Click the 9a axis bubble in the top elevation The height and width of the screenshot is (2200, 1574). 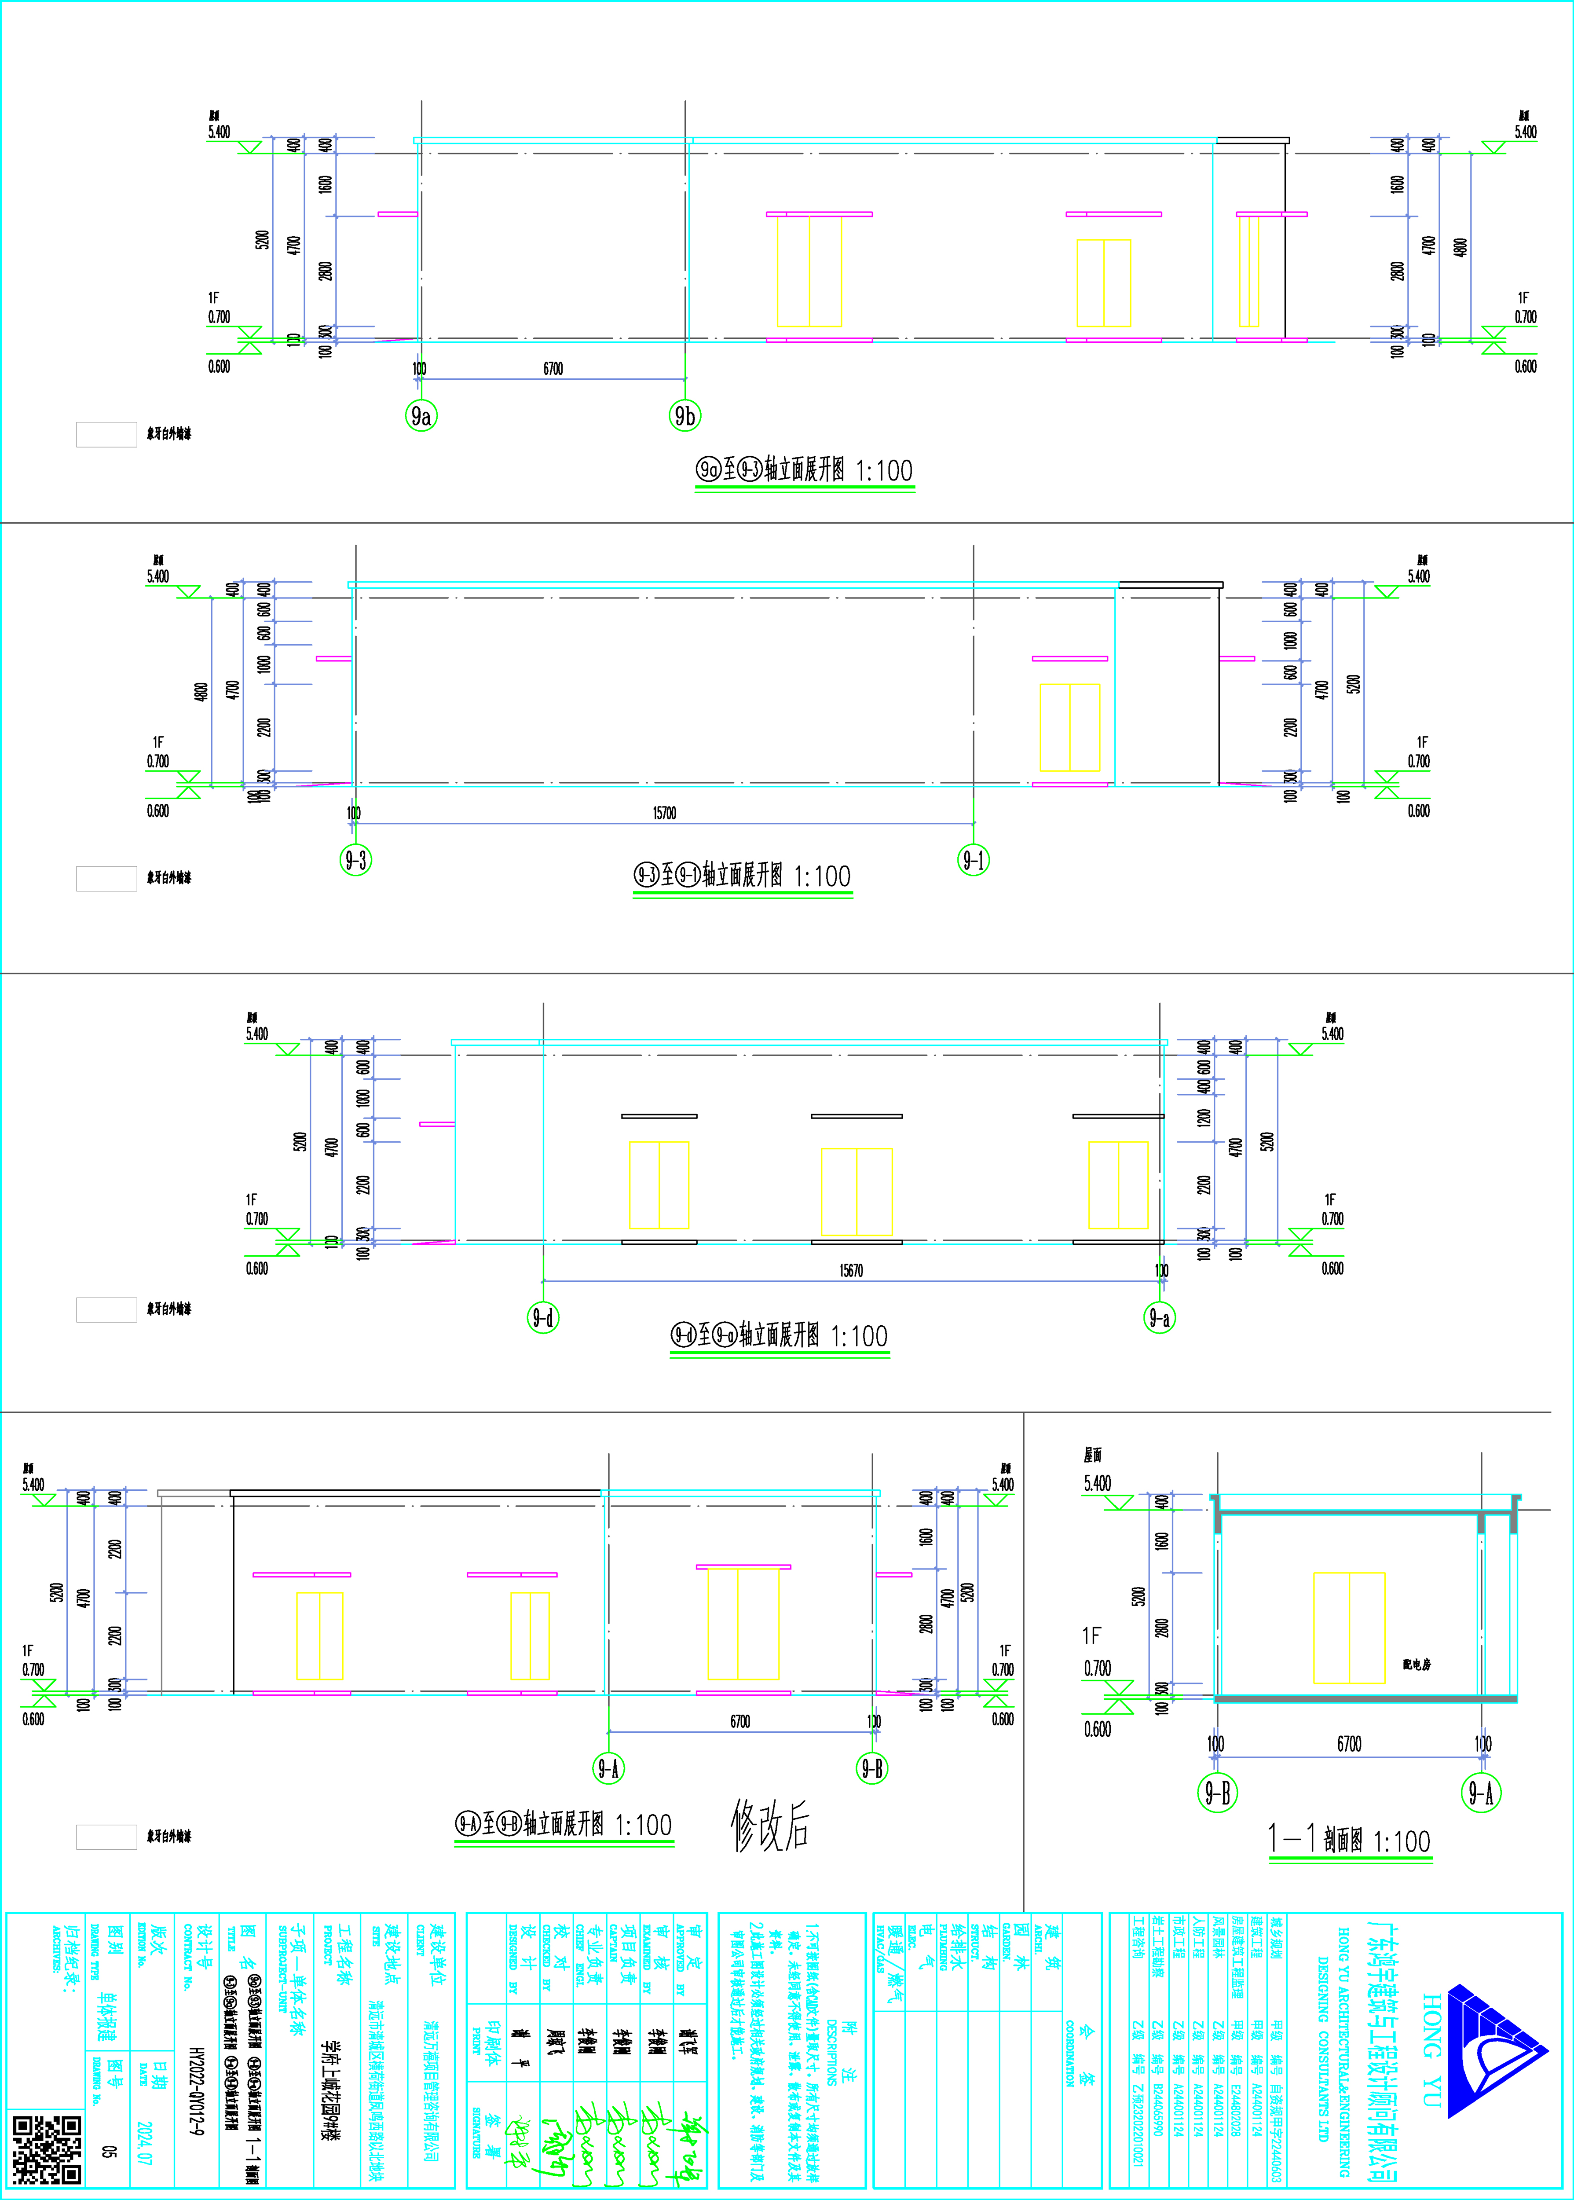pyautogui.click(x=421, y=416)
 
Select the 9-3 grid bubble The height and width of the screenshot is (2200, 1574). pyautogui.click(x=356, y=860)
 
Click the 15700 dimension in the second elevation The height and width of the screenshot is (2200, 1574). pyautogui.click(x=664, y=813)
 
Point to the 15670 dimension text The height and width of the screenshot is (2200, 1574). pyautogui.click(x=851, y=1271)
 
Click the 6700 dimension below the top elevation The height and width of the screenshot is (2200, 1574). pyautogui.click(x=553, y=368)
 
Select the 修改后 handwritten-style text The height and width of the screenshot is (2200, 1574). pyautogui.click(x=771, y=1825)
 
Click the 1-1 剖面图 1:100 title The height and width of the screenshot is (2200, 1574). pyautogui.click(x=1349, y=1840)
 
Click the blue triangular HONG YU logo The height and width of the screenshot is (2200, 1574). pyautogui.click(x=1493, y=2050)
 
